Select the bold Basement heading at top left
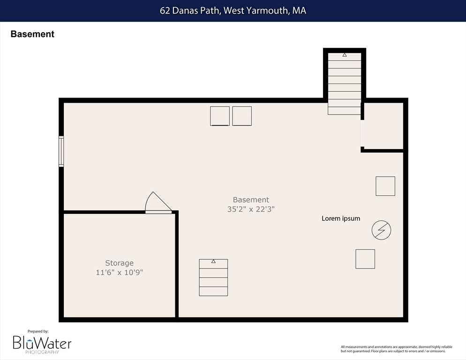[x=32, y=34]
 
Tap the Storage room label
[x=119, y=263]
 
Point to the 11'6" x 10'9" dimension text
[x=119, y=272]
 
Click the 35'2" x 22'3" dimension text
[x=251, y=209]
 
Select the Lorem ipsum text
[x=341, y=218]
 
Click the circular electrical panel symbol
[x=381, y=230]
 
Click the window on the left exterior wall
[x=61, y=151]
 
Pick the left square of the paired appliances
[x=219, y=116]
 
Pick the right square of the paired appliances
[x=242, y=116]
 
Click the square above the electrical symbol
[x=385, y=186]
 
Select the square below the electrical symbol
[x=365, y=259]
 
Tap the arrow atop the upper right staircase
[x=345, y=55]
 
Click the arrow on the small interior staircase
[x=213, y=261]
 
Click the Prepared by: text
[x=38, y=331]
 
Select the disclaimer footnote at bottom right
[x=397, y=349]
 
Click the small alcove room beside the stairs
[x=383, y=126]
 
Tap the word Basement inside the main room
[x=251, y=200]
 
